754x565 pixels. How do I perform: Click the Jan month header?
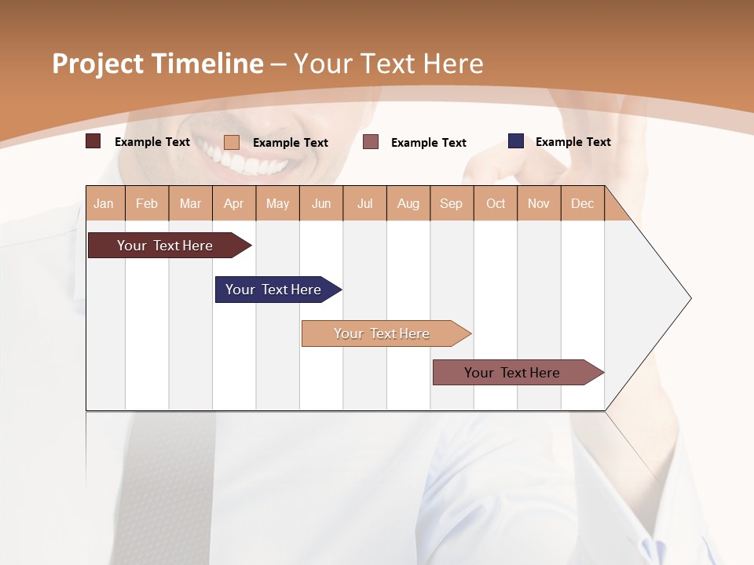[104, 203]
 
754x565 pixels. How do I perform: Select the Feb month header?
[147, 203]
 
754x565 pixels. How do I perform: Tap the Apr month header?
[234, 203]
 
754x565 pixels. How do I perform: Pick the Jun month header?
[321, 203]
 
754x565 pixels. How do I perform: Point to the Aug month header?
[408, 203]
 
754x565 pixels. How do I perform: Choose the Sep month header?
[452, 203]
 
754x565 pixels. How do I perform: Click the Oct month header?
[496, 203]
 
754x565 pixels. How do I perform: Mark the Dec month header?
[583, 203]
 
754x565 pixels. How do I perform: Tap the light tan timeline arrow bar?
[382, 334]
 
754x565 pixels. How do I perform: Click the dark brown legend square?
[93, 141]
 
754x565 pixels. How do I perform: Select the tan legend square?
[232, 142]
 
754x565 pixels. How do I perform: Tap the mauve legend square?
[371, 142]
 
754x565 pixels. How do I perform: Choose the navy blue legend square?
[516, 141]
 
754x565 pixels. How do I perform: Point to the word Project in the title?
[97, 64]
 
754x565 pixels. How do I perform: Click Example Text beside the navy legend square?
[573, 142]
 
